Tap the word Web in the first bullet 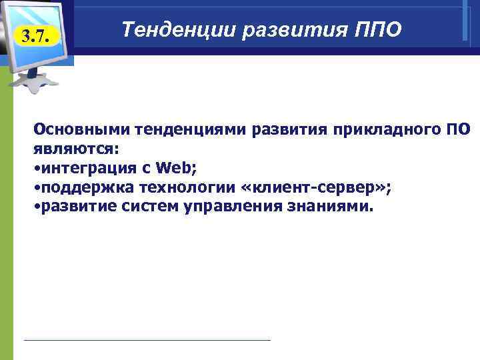click(x=179, y=167)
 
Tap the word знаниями click(x=328, y=207)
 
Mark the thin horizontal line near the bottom click(x=147, y=340)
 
